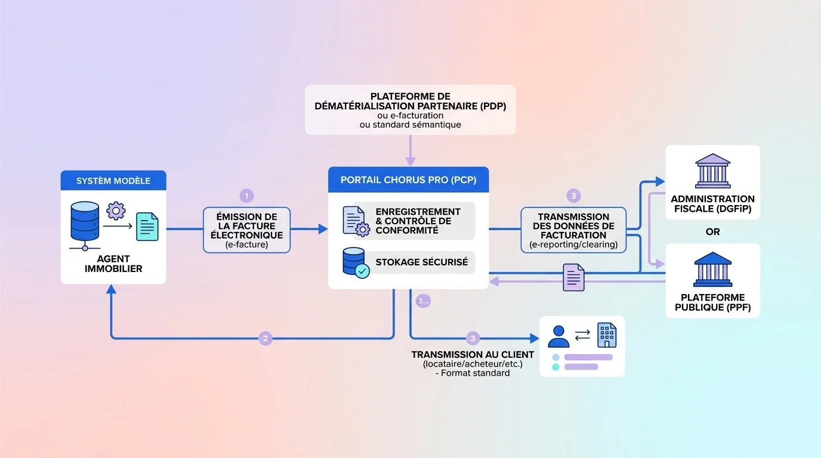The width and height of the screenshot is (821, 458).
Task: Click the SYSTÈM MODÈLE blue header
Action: tap(113, 181)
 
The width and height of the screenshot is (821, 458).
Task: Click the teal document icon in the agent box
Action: tap(147, 227)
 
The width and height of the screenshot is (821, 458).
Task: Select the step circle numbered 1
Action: tap(246, 196)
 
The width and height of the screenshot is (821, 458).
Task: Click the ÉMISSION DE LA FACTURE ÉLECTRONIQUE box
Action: tap(246, 230)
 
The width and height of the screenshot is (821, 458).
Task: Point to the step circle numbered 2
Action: tap(266, 339)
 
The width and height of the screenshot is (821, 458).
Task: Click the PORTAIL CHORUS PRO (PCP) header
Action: tap(408, 180)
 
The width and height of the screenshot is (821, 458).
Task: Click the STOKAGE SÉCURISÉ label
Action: tap(421, 262)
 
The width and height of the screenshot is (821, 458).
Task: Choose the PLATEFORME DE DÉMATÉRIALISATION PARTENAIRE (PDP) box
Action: tap(410, 109)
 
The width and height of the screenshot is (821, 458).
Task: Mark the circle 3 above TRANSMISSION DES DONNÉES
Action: tap(573, 196)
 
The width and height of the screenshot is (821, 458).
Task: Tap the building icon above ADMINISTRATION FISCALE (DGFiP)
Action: tap(712, 171)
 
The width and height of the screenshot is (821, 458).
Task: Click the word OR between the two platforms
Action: tap(712, 232)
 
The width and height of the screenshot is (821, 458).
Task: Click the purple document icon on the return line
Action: tap(573, 277)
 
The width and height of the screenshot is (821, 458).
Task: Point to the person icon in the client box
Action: tap(558, 336)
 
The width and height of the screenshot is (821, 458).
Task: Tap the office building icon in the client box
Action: tap(607, 335)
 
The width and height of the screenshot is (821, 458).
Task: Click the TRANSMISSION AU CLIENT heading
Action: tap(473, 355)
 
